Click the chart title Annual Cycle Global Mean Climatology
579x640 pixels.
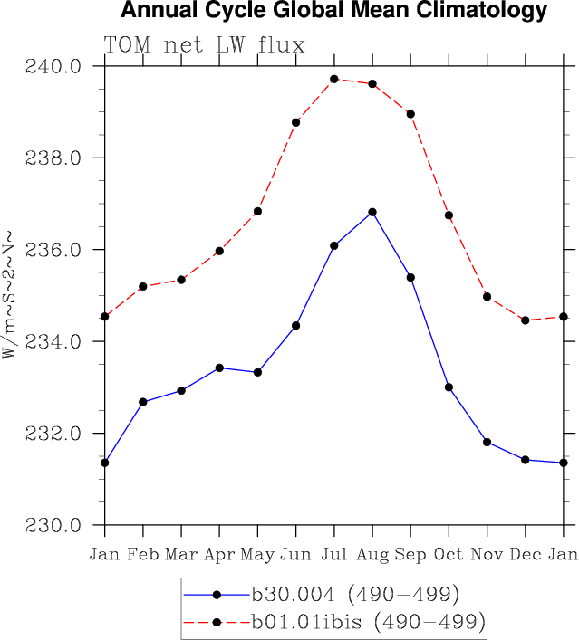tap(333, 11)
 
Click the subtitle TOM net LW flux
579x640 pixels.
tap(204, 45)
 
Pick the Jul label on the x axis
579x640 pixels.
tap(334, 553)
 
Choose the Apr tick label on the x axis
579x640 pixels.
tap(219, 553)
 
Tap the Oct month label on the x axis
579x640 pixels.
tap(449, 553)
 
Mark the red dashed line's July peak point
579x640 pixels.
tap(334, 79)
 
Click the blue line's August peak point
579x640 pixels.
tap(372, 212)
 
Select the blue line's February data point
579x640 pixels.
tap(143, 401)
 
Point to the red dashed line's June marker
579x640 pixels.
tap(296, 122)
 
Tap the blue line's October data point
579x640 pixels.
tap(449, 387)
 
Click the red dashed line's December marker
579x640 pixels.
tap(526, 320)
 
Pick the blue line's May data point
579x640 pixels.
tap(257, 372)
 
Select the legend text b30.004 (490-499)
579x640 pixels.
tap(356, 595)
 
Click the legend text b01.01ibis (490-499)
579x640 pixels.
tap(369, 622)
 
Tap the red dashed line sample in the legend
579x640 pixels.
tap(217, 622)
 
